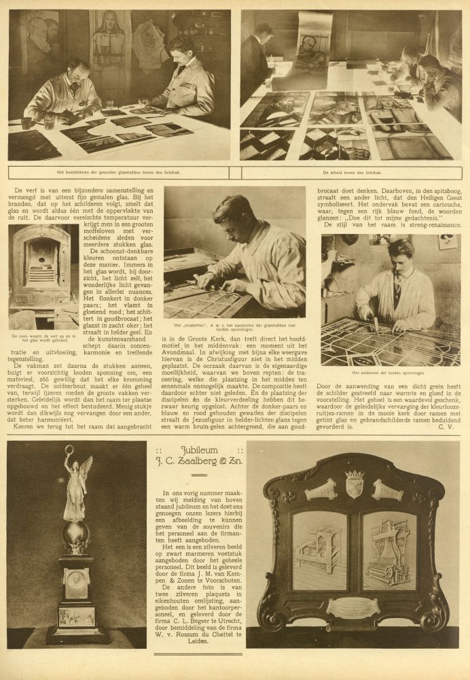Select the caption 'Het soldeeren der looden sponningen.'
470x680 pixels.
tap(390, 373)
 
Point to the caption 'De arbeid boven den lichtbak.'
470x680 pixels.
tap(352, 173)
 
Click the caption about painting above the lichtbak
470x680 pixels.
tap(123, 173)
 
